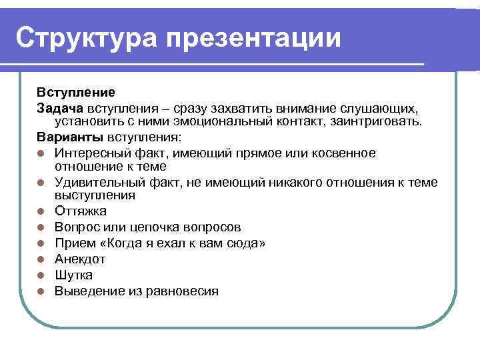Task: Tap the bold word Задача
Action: click(60, 108)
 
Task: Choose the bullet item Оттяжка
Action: click(80, 212)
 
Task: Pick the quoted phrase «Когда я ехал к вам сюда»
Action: click(183, 243)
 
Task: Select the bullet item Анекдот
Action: click(80, 259)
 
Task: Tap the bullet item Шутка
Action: click(74, 275)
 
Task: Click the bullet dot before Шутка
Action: click(41, 275)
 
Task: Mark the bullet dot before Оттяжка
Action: click(41, 212)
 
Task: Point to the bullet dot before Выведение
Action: click(41, 291)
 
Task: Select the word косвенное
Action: click(341, 153)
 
